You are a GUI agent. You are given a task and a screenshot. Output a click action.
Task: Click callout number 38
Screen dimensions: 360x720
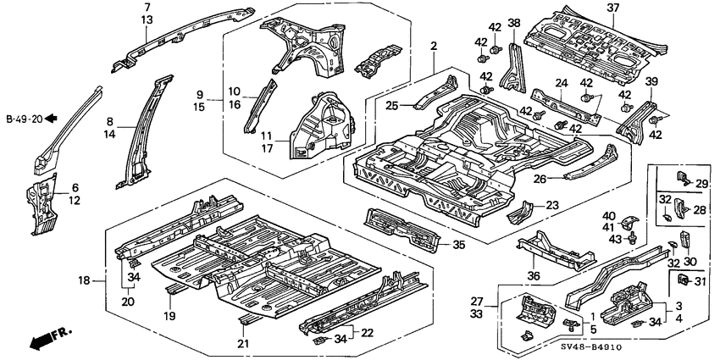point(514,23)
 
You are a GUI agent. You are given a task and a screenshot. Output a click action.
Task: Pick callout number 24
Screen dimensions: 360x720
point(560,83)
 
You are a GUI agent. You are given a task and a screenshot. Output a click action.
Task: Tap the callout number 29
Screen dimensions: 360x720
point(701,183)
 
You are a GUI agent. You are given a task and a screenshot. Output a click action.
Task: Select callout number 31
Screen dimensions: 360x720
point(701,281)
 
